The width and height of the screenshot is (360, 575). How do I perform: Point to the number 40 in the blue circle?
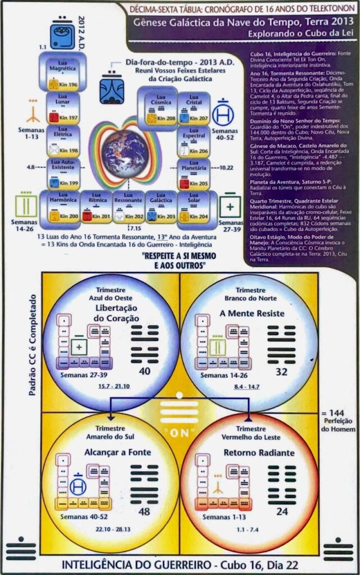pos(145,372)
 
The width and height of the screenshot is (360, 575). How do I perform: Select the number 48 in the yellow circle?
pos(145,512)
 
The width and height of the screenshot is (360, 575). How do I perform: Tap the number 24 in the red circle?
pos(282,512)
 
